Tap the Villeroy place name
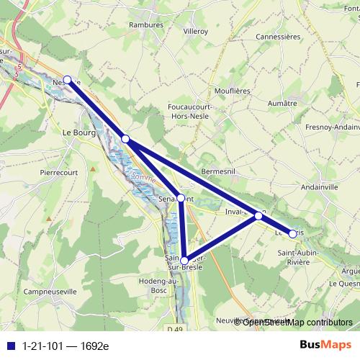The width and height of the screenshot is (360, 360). click(x=196, y=32)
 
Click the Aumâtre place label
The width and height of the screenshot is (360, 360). click(x=282, y=104)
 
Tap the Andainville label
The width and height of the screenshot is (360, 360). click(x=320, y=185)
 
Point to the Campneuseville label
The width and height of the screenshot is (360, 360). click(x=50, y=292)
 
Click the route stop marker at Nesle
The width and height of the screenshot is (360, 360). click(x=68, y=80)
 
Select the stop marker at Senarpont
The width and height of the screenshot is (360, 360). click(x=181, y=198)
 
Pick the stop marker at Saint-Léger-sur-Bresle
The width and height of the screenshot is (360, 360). click(x=184, y=261)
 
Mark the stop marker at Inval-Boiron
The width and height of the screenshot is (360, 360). click(x=258, y=215)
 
